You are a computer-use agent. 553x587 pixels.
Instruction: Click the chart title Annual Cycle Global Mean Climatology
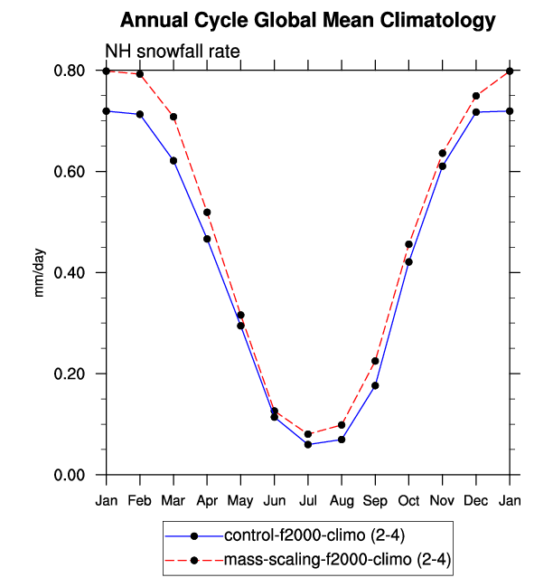(x=308, y=20)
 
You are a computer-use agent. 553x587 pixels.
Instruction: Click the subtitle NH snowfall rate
(x=172, y=52)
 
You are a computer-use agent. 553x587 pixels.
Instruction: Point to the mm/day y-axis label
(x=40, y=272)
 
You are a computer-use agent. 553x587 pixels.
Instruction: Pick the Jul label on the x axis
(x=308, y=499)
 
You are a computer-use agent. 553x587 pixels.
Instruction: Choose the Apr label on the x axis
(x=207, y=499)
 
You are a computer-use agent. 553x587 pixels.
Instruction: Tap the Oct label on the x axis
(x=408, y=499)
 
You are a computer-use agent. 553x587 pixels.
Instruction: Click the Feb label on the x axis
(x=140, y=499)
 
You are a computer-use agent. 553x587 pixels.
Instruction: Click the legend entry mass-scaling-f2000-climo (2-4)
(x=336, y=561)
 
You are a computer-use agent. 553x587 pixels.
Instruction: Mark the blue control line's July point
(x=308, y=444)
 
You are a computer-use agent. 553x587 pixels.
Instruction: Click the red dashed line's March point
(x=173, y=117)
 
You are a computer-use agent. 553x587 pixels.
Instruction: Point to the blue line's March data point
(x=173, y=160)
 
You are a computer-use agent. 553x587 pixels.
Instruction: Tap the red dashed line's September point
(x=375, y=361)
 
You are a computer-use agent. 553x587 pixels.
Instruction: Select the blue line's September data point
(x=375, y=385)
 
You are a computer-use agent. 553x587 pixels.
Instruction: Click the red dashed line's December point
(x=475, y=96)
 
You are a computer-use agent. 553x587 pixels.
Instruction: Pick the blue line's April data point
(x=207, y=239)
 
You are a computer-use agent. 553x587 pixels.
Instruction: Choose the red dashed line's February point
(x=140, y=74)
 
